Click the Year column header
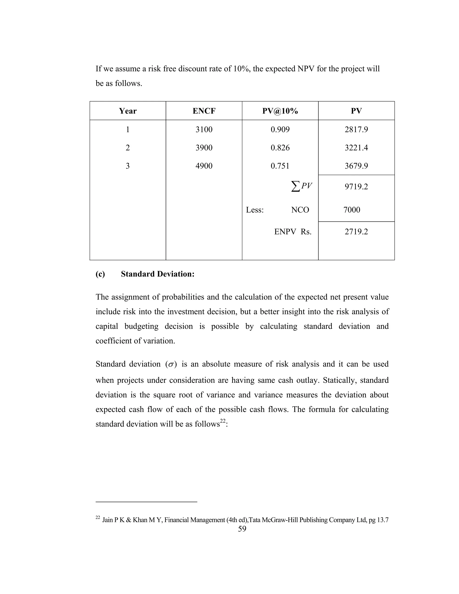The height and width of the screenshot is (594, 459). (128, 111)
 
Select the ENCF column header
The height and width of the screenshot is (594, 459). (204, 111)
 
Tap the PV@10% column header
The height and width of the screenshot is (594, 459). (280, 111)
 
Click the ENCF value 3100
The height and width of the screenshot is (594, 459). (204, 130)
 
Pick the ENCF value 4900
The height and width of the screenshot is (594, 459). (204, 166)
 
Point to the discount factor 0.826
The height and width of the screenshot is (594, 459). (280, 148)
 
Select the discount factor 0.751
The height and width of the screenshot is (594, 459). (280, 166)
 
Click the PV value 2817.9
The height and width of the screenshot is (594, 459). (356, 130)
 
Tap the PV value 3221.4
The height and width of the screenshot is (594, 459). (356, 148)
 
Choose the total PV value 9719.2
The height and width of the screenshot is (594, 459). (356, 186)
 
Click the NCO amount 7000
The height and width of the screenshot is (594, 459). (352, 210)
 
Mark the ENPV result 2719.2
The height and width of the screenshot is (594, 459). (356, 232)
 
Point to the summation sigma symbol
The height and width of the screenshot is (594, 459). (296, 186)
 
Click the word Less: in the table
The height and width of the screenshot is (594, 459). (255, 210)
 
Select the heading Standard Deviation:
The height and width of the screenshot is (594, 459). (158, 274)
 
